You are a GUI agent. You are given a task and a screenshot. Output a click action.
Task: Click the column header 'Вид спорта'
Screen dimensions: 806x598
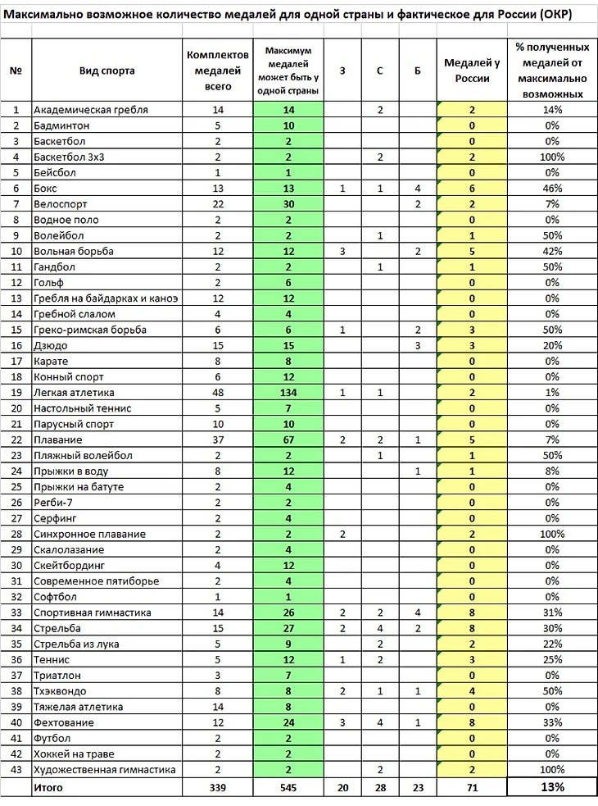tap(106, 71)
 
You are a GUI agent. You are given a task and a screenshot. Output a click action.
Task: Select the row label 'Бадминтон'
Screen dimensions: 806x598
tap(62, 125)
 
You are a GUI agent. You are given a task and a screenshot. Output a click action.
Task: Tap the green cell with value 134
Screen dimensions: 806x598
tap(288, 393)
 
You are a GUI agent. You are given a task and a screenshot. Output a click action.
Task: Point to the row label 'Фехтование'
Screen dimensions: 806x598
tap(64, 723)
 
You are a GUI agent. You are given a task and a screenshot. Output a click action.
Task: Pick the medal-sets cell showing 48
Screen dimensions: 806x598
tap(217, 393)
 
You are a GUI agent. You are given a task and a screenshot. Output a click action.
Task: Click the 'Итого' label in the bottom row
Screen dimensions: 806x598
tap(48, 787)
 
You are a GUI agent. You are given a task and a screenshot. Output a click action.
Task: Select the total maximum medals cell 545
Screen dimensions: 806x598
tap(288, 787)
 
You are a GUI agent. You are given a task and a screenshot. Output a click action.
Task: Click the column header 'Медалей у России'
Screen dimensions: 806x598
tap(472, 71)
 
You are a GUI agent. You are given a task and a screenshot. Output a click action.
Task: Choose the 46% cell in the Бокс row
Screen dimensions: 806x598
tap(550, 189)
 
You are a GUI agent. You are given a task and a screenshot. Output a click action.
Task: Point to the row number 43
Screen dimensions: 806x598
tap(16, 770)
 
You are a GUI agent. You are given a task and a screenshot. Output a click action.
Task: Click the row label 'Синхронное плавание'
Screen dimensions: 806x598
tap(89, 535)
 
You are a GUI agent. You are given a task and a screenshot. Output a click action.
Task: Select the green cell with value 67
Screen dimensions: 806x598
tap(288, 440)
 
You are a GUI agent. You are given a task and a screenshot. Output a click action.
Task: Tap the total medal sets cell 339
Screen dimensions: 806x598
tap(217, 787)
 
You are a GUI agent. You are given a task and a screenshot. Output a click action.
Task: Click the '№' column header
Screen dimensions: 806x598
tap(16, 71)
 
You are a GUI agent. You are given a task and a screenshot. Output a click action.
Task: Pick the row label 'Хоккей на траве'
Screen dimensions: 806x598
tap(74, 754)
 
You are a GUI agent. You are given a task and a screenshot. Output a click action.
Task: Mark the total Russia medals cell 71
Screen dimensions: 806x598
tap(472, 787)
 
